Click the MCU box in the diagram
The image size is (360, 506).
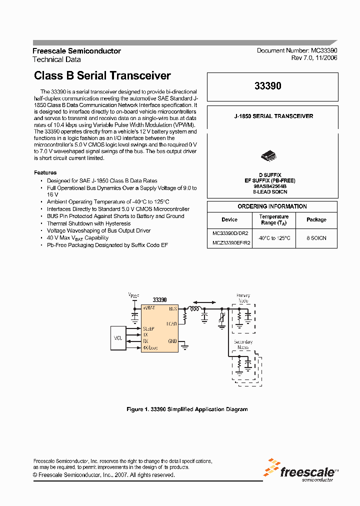[118, 338]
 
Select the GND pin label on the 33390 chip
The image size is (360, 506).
[172, 341]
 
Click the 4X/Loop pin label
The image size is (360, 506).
[150, 347]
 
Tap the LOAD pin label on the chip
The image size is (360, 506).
[172, 324]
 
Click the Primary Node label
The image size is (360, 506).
[243, 298]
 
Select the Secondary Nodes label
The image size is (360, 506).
[243, 344]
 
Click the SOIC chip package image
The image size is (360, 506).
[269, 156]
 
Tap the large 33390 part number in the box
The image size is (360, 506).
[271, 86]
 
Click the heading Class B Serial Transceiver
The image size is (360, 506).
[102, 76]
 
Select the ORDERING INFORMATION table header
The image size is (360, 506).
[272, 206]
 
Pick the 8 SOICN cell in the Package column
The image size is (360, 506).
[316, 238]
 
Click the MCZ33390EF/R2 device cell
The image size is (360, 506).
[230, 243]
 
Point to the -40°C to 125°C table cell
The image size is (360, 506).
[274, 238]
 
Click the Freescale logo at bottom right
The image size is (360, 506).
[301, 471]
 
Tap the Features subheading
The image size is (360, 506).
[45, 172]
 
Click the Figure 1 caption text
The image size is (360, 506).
[187, 409]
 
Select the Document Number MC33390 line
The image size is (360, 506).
[297, 50]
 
